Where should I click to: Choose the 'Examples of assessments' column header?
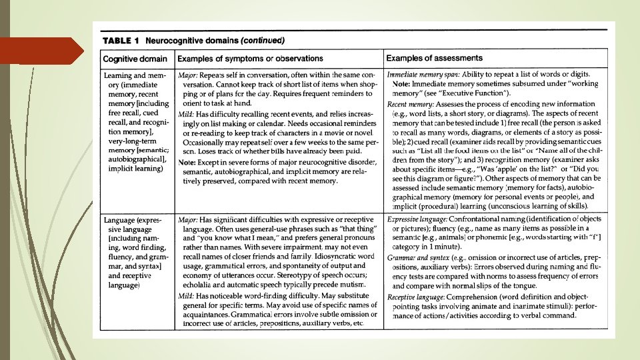[434, 58]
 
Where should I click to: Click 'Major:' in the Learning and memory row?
[187, 75]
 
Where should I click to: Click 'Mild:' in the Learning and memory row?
[186, 114]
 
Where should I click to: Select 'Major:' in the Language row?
[187, 219]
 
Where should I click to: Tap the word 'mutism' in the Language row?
[353, 285]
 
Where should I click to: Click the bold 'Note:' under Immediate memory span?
[401, 84]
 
